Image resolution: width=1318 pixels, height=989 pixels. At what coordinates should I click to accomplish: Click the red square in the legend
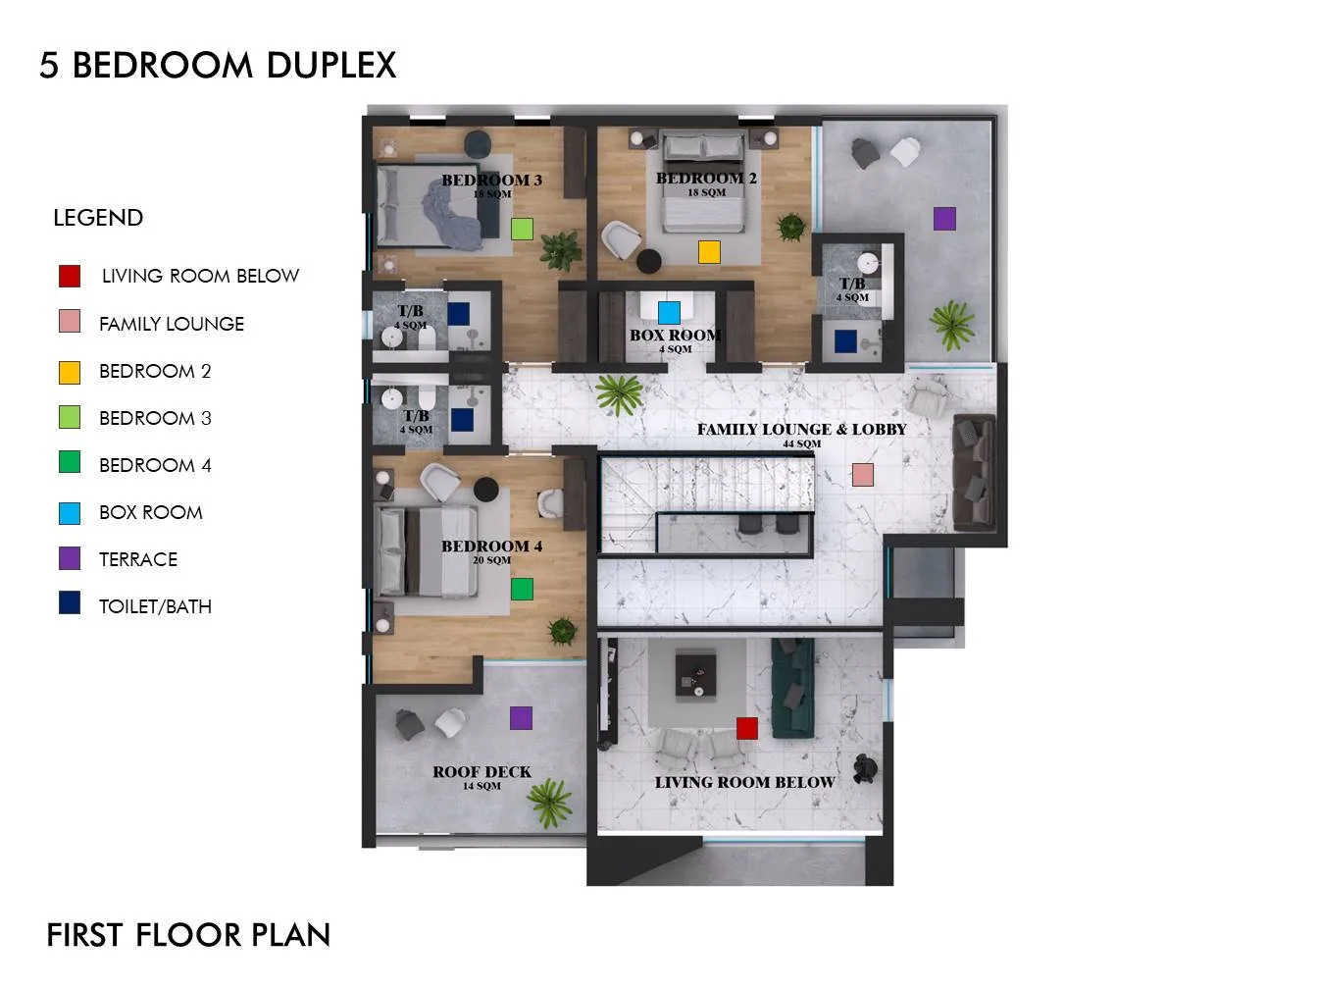(70, 276)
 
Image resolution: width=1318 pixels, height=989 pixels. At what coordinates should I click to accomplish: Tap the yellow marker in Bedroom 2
(709, 252)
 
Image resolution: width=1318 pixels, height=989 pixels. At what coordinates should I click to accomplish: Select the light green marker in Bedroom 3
(522, 229)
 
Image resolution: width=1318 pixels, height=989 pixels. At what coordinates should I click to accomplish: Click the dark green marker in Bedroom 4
(522, 589)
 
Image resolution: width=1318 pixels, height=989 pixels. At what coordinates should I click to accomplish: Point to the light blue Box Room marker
(669, 312)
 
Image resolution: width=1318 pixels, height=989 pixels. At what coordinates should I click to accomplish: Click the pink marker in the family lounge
(862, 474)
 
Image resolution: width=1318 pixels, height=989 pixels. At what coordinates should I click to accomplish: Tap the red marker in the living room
(746, 728)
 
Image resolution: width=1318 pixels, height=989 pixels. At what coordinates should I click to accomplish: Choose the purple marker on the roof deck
(521, 717)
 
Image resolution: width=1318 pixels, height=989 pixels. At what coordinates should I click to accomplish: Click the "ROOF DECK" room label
(482, 771)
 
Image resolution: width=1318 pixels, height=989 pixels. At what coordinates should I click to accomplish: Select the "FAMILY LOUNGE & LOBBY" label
(801, 430)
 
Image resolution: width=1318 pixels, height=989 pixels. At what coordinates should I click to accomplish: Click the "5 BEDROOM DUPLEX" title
(218, 65)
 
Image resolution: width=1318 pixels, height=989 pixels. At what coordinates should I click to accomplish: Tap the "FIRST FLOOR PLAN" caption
(188, 935)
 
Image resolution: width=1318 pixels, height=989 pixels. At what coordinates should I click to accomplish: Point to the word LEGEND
(98, 218)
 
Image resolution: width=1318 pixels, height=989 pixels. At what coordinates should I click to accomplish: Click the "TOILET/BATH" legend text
(155, 606)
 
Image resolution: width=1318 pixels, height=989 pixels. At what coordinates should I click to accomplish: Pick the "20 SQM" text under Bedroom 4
(491, 560)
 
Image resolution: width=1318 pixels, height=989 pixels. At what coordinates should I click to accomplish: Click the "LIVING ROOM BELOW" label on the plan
(744, 782)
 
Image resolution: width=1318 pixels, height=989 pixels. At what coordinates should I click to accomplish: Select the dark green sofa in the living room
(792, 688)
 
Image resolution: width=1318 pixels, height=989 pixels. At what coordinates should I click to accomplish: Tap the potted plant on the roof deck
(549, 803)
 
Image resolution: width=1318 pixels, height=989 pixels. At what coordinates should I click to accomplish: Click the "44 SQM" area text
(801, 443)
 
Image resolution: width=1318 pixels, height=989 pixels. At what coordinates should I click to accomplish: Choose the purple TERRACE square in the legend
(70, 558)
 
